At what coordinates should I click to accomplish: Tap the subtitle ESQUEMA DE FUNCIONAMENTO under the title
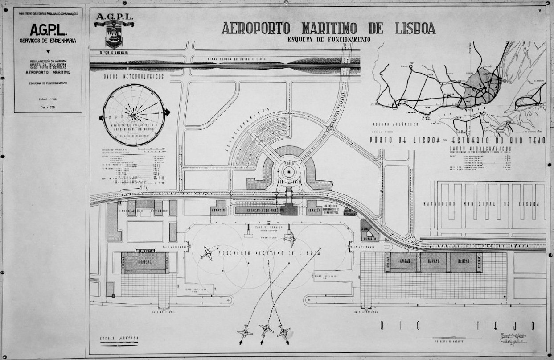329,39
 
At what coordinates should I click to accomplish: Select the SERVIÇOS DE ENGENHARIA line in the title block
48,41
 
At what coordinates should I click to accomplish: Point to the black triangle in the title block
48,52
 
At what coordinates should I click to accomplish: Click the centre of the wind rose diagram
134,115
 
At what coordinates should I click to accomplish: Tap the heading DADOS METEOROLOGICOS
134,77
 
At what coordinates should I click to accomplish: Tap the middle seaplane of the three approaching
267,330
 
